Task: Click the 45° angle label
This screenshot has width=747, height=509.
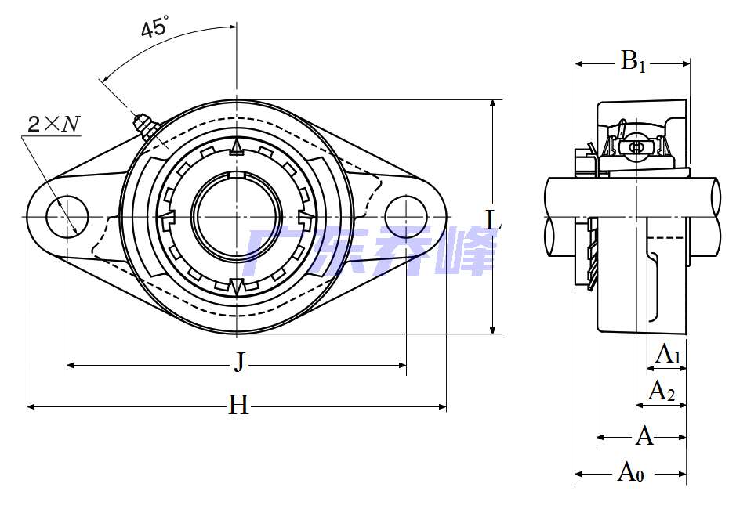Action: click(154, 29)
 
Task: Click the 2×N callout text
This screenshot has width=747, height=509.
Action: click(53, 123)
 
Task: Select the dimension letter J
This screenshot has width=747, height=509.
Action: click(239, 362)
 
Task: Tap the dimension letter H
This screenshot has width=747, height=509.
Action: click(238, 405)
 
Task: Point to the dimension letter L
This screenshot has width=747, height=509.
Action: click(493, 220)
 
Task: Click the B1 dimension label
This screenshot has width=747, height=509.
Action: click(633, 61)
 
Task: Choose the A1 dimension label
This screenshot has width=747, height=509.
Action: click(668, 354)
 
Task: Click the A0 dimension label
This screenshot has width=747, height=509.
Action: click(631, 471)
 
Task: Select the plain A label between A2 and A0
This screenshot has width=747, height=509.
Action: click(644, 435)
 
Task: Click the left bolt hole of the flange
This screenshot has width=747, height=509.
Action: click(67, 216)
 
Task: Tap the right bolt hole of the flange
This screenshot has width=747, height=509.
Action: click(406, 215)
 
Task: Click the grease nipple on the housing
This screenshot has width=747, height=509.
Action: click(143, 125)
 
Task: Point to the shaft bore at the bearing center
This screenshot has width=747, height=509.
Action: click(236, 216)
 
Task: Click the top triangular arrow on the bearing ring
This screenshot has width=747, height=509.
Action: click(236, 146)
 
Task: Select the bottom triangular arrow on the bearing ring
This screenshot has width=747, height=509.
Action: click(236, 286)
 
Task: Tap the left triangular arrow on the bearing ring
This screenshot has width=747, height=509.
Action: click(165, 216)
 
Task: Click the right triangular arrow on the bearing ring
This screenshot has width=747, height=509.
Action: click(306, 216)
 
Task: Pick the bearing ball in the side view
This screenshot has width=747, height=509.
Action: click(636, 146)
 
